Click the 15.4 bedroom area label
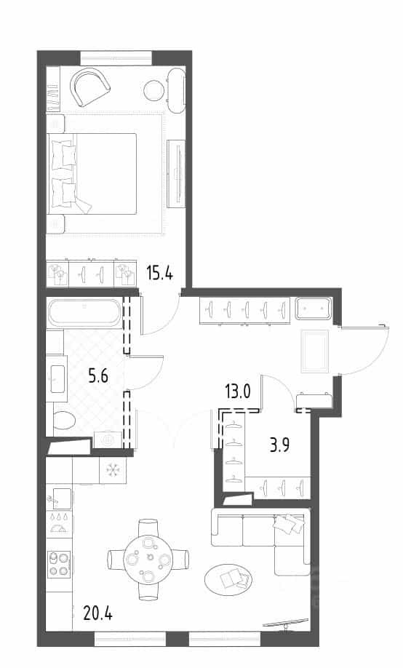160,272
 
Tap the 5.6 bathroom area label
98,376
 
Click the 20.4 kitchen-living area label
98,613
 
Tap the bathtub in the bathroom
85,313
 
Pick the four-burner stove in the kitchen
59,564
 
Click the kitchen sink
59,498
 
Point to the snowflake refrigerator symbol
113,470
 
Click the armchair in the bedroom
90,87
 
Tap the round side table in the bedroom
154,91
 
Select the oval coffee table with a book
228,580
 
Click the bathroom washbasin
57,378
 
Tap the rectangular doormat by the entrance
315,351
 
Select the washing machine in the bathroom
108,440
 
